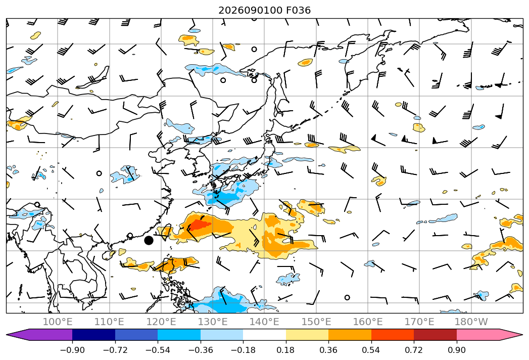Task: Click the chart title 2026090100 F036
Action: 265,10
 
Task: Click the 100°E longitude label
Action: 58,322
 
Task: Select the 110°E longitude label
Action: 109,322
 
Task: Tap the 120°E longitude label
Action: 161,322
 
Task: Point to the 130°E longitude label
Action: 213,322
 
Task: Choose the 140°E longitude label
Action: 264,322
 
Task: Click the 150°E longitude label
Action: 316,322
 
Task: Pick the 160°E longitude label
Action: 368,322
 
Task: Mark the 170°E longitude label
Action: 419,322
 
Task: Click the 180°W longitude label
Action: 471,322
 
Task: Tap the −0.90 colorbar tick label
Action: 72,350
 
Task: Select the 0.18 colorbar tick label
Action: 286,350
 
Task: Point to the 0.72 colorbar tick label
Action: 414,350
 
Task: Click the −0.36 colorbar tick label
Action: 201,350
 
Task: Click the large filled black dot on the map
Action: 149,240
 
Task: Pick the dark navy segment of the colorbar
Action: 94,335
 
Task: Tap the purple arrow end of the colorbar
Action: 39,335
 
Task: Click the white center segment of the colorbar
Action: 265,335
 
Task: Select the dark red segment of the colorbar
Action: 435,335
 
